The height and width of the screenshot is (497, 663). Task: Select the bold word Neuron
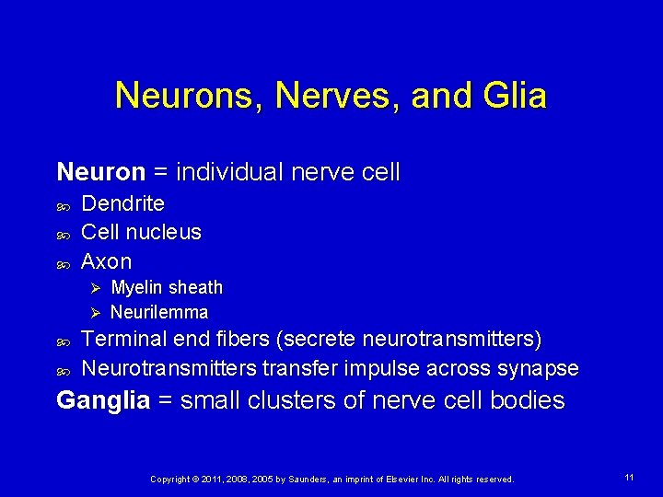pos(100,172)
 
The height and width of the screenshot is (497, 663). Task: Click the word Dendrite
pos(122,202)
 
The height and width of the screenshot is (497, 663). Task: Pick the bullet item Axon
pos(106,261)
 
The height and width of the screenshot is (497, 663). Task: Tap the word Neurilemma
pos(159,312)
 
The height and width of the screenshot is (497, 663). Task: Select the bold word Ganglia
pos(102,400)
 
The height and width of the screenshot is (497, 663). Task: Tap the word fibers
pos(241,340)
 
